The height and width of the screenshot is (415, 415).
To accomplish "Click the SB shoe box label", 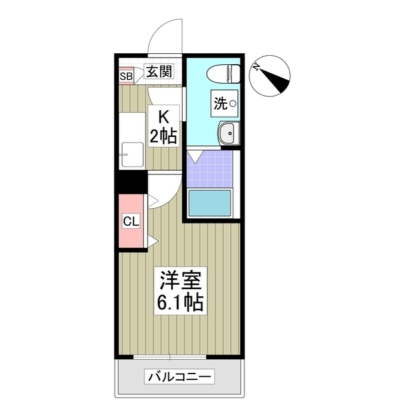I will pyautogui.click(x=126, y=76).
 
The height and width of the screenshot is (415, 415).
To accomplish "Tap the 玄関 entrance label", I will pyautogui.click(x=158, y=72).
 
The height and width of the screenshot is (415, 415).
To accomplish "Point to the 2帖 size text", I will pyautogui.click(x=164, y=137).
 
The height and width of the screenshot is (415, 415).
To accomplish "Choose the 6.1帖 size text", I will pyautogui.click(x=180, y=302).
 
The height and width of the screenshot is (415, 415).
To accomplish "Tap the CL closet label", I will pyautogui.click(x=131, y=221).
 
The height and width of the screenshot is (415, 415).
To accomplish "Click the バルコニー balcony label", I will pyautogui.click(x=180, y=377).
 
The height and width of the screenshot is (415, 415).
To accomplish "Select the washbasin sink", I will pyautogui.click(x=228, y=134).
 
